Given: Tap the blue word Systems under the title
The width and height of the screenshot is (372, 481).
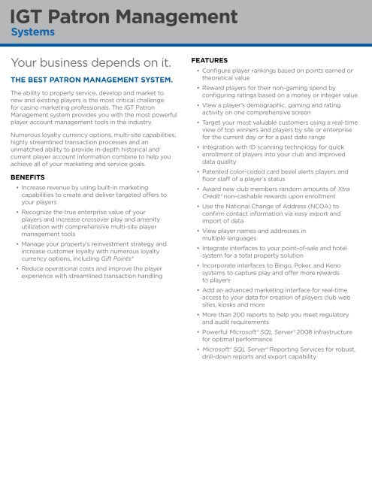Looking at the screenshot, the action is pyautogui.click(x=36, y=32).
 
